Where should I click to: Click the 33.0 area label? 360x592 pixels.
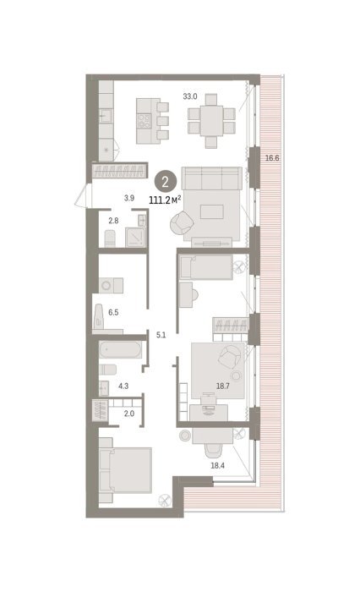(190, 96)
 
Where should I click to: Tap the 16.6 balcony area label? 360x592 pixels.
(272, 158)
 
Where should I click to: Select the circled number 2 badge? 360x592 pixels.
(166, 183)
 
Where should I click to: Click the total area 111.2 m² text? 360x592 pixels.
(166, 200)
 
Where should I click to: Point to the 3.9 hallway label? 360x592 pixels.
(129, 198)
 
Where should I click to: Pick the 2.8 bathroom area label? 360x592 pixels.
(113, 221)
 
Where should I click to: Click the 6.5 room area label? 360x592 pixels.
(113, 312)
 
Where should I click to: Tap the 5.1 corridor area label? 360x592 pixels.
(161, 335)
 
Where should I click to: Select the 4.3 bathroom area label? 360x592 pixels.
(123, 386)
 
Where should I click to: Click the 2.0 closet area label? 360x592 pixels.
(129, 414)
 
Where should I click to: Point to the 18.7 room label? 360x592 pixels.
(222, 386)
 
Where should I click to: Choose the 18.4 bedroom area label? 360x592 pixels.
(217, 465)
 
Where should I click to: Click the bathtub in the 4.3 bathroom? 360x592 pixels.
(120, 349)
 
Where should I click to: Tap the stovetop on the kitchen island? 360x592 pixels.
(144, 121)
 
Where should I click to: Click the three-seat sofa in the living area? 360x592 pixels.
(212, 178)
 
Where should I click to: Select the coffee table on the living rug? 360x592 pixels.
(212, 211)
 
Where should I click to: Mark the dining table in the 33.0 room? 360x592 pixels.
(212, 121)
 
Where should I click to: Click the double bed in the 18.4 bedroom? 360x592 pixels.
(126, 470)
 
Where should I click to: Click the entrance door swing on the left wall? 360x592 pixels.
(83, 195)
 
